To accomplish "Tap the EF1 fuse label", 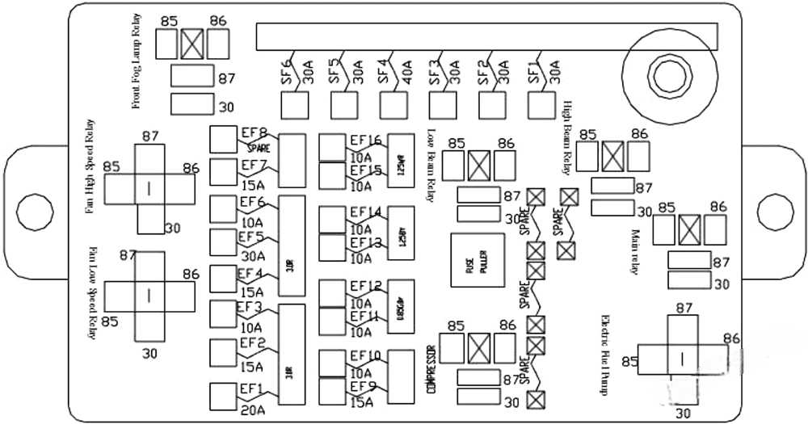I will click(250, 389).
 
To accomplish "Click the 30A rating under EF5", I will click(252, 254).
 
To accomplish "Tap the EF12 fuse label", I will click(365, 287).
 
